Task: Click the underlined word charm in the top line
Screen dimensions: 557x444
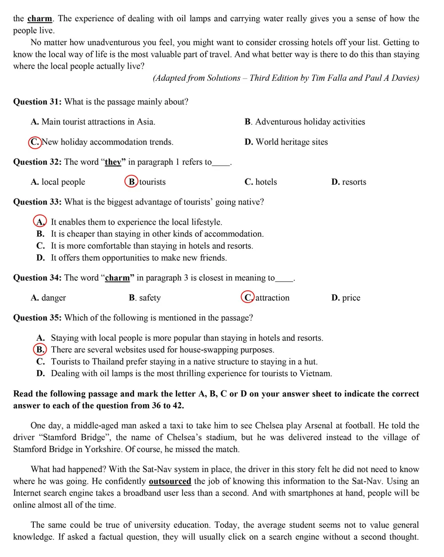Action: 40,19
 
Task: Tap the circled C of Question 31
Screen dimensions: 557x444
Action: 35,142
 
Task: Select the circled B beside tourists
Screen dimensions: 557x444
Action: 131,182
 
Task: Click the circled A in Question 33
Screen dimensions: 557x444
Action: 40,222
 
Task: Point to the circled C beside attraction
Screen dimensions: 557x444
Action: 248,297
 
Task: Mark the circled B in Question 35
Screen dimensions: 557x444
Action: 40,350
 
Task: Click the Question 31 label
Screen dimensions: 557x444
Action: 37,102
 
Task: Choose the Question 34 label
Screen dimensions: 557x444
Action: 37,278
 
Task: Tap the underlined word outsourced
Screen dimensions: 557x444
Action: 170,481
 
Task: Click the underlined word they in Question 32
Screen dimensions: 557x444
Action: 113,162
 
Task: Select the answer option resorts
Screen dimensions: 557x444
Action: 354,182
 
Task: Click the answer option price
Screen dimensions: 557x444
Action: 351,298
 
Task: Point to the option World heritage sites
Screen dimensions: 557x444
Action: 291,142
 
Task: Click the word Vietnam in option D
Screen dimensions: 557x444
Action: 315,374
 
